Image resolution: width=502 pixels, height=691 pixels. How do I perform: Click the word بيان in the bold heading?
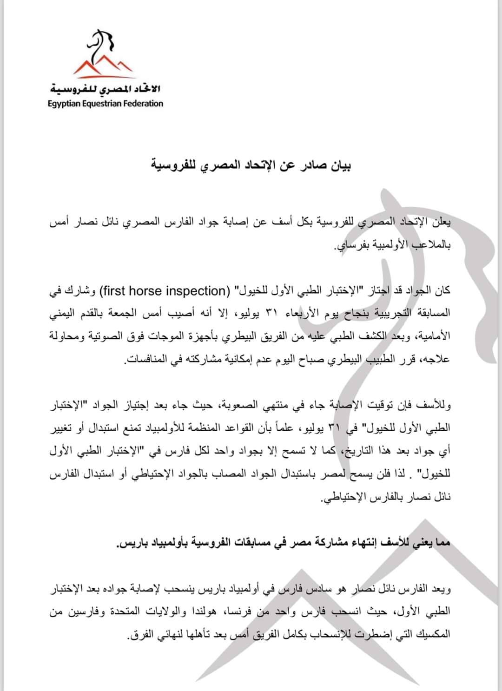click(338, 165)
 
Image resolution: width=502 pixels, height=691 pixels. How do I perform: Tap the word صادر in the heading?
click(308, 165)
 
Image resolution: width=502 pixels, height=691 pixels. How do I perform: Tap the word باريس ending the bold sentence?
click(127, 543)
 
